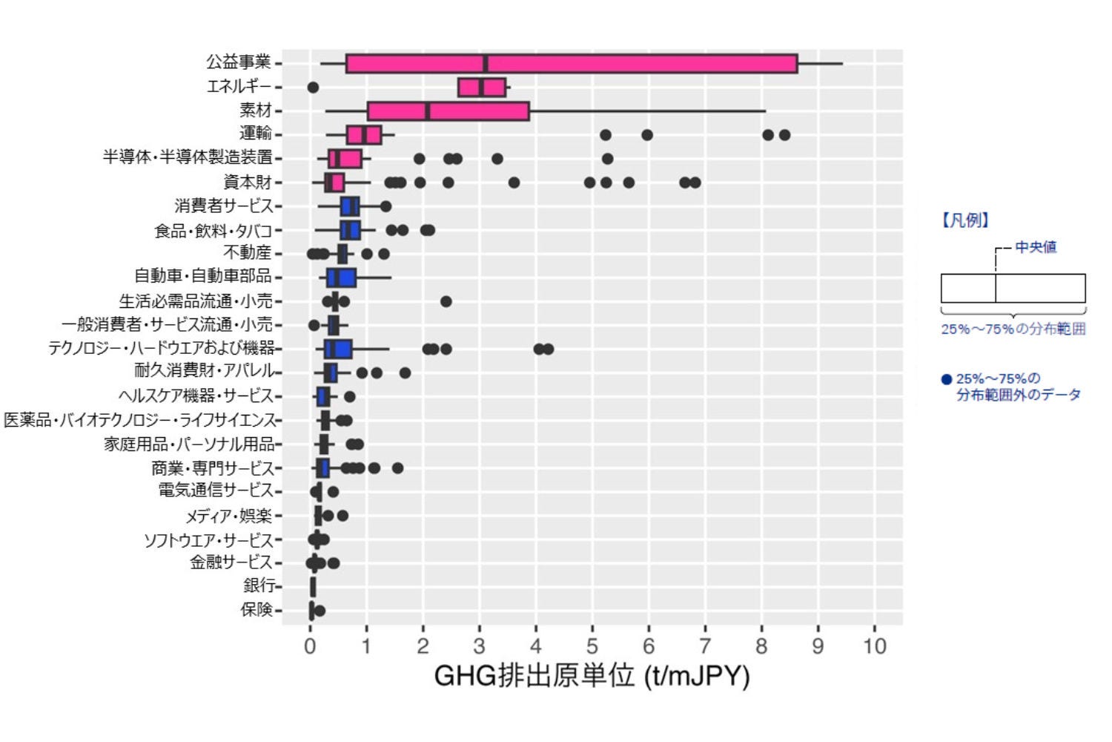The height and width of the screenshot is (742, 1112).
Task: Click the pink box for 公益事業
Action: tap(638, 64)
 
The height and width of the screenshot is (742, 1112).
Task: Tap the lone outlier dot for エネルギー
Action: tap(313, 88)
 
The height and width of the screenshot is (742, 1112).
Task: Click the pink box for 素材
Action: tap(448, 111)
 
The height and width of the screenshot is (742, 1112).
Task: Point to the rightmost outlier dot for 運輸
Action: tap(784, 135)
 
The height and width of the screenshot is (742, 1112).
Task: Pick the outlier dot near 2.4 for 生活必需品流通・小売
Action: tap(446, 301)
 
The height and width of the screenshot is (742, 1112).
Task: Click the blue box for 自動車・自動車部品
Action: tap(342, 278)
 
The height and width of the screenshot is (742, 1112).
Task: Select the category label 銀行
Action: tap(259, 585)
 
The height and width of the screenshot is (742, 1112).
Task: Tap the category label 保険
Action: tap(257, 610)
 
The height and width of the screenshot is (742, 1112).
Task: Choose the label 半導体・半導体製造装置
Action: tap(188, 158)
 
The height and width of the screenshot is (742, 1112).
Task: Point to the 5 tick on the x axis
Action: tap(592, 646)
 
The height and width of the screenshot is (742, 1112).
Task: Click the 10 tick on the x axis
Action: tap(875, 646)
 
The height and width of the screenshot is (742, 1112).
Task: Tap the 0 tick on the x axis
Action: tap(310, 646)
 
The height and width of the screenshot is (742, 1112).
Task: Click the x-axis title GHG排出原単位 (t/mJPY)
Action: tap(592, 676)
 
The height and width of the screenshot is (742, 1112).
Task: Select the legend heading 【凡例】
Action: tap(965, 220)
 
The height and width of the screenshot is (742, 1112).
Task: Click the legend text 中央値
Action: tap(1036, 247)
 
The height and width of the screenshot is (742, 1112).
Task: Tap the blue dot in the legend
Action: tap(946, 379)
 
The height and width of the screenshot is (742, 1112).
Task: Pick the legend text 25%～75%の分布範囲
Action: tap(1013, 329)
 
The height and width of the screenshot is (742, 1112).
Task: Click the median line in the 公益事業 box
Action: tap(485, 64)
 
